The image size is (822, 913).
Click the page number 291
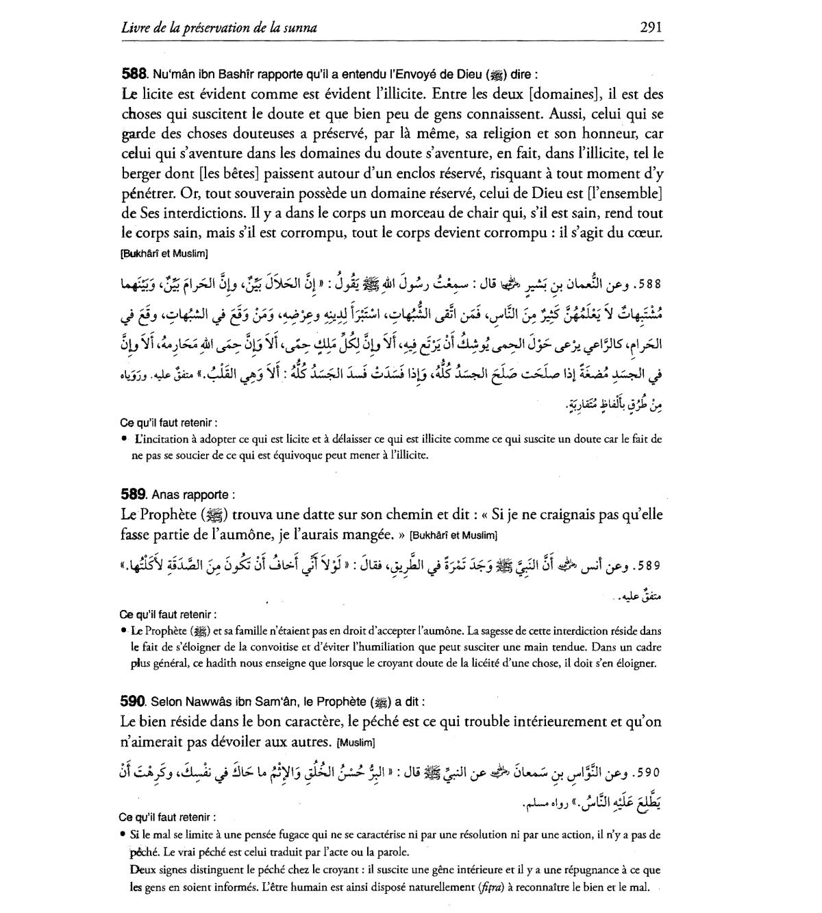coord(651,27)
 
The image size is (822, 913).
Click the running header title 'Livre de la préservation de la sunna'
coord(219,28)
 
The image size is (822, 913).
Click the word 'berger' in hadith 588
coord(140,173)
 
